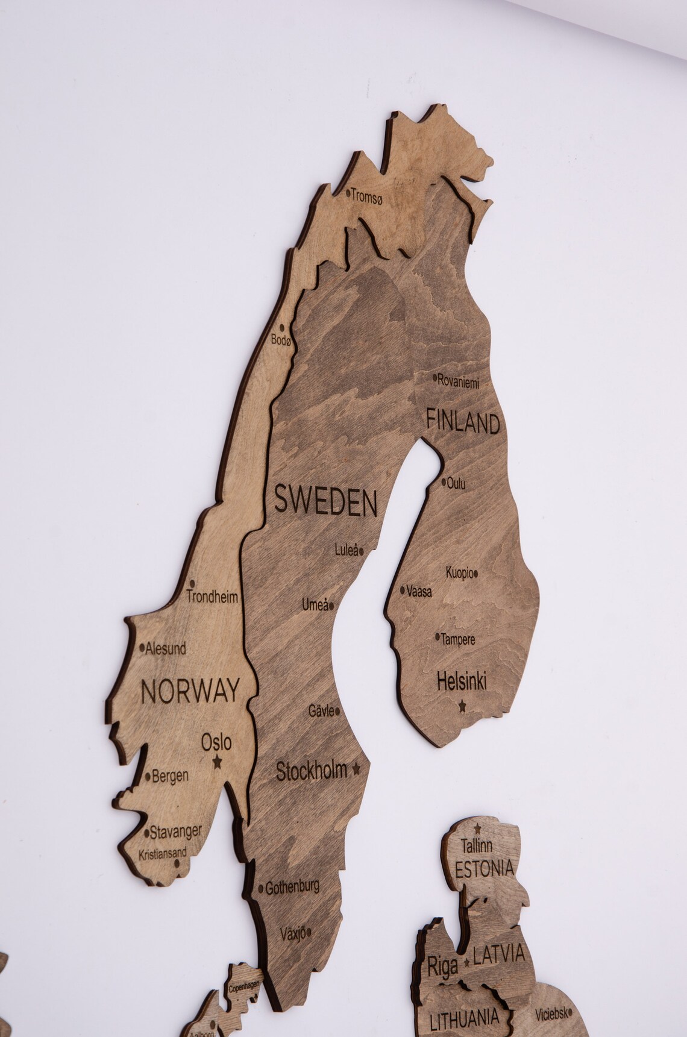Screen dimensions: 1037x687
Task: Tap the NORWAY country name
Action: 190,691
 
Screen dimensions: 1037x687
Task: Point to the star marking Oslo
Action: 217,762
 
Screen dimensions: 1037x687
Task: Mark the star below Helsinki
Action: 462,704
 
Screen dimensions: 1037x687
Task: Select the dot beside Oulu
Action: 444,482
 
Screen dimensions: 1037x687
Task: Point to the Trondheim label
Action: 212,598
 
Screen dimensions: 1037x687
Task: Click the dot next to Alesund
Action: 142,648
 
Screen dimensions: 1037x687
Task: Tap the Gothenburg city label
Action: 292,887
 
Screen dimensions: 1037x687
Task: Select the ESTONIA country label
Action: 485,868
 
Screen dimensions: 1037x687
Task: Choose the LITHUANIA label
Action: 464,1018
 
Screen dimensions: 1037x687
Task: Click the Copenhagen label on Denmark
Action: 244,987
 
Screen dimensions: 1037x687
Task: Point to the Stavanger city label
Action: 175,832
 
